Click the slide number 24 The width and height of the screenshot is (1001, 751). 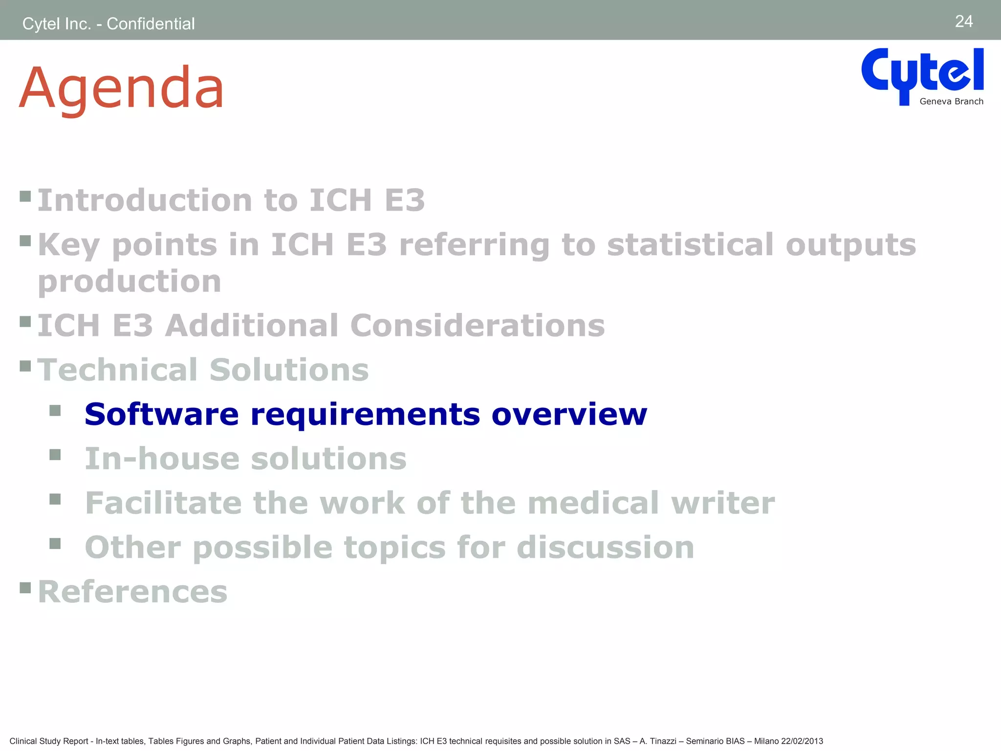[x=963, y=22]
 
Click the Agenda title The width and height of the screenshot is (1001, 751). [x=121, y=88]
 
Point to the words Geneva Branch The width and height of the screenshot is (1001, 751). [x=951, y=102]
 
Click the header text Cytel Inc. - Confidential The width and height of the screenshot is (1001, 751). [x=109, y=23]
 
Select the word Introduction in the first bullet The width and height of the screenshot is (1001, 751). [x=145, y=200]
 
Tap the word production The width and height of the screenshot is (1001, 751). [x=130, y=282]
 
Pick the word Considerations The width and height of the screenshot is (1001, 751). [x=478, y=326]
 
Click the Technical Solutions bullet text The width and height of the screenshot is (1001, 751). [x=203, y=370]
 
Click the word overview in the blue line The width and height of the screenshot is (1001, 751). [x=569, y=415]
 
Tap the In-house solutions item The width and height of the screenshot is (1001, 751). [x=245, y=459]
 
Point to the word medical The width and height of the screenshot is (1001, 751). [x=593, y=503]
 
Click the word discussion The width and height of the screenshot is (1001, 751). [x=605, y=547]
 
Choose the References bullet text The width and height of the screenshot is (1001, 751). [x=132, y=592]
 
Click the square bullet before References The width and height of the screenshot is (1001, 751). [x=25, y=587]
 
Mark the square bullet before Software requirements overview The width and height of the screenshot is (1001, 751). [x=55, y=410]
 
